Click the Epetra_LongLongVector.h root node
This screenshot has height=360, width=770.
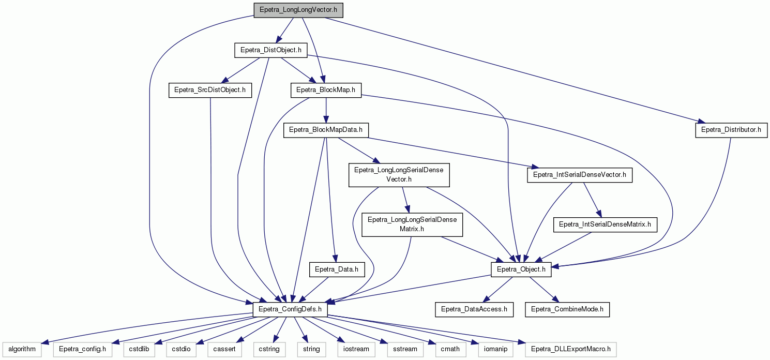[x=298, y=10]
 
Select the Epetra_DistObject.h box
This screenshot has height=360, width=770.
[x=271, y=50]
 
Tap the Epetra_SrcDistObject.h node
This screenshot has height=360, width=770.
[x=210, y=90]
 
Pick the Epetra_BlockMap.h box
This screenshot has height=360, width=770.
[x=326, y=90]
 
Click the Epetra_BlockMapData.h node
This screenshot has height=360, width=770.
[x=326, y=130]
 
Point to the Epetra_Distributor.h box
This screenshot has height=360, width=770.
[x=731, y=130]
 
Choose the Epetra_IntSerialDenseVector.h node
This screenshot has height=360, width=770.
[x=580, y=175]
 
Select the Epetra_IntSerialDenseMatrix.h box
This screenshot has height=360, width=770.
[x=605, y=224]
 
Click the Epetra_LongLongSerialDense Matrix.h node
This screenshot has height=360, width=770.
[x=412, y=224]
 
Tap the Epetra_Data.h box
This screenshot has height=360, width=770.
[x=337, y=269]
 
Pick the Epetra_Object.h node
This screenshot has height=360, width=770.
[x=521, y=269]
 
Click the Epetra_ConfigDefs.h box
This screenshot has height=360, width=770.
[x=290, y=309]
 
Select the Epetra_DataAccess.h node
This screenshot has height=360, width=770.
[x=474, y=309]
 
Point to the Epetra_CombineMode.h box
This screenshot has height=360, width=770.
[x=567, y=309]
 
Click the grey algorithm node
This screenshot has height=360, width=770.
[x=22, y=349]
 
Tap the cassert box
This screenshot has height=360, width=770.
[x=224, y=349]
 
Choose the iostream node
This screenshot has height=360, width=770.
[x=356, y=349]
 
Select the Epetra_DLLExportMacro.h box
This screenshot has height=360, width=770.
[x=570, y=349]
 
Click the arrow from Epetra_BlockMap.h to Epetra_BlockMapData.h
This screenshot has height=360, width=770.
[x=326, y=110]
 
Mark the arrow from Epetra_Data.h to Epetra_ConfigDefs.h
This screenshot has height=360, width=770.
[x=314, y=290]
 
